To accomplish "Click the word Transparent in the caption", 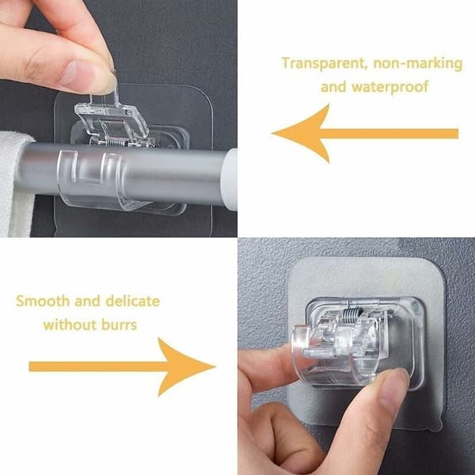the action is (x=323, y=63).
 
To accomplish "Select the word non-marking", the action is (x=418, y=63).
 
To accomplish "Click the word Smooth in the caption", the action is (x=43, y=301).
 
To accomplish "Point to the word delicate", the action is (x=132, y=301).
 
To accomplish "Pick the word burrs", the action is (x=119, y=325).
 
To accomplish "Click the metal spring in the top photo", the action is (x=116, y=142).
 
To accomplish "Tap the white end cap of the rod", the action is (x=231, y=176).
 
